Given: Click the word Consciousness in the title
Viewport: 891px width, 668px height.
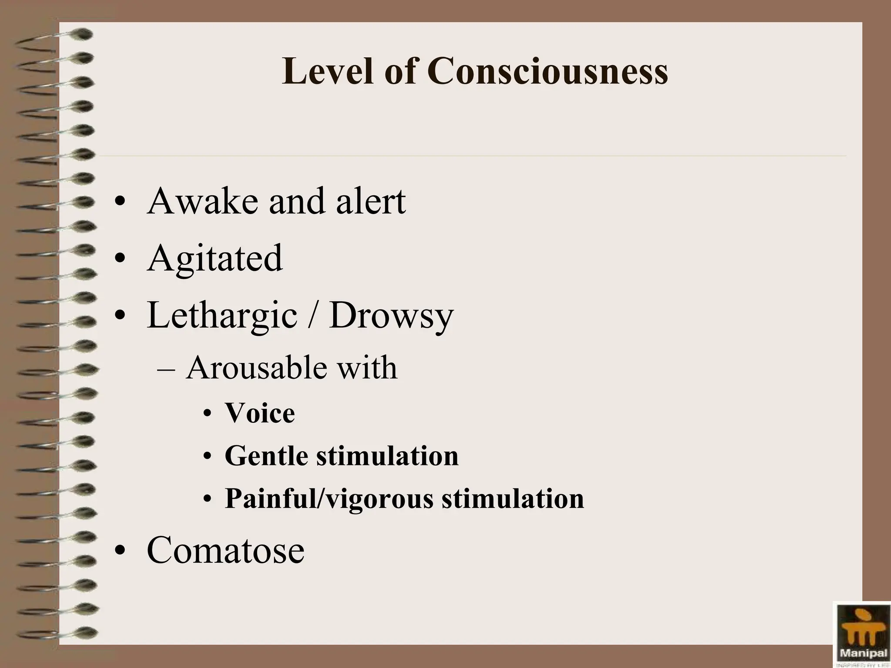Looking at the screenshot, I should coord(547,71).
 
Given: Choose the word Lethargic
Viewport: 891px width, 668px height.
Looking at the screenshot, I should coord(222,316).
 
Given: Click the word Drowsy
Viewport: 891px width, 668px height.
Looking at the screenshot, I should coord(391,316).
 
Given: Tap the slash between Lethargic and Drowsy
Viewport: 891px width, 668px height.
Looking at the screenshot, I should coord(312,315).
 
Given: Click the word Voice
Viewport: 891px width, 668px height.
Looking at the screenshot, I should coord(260,413).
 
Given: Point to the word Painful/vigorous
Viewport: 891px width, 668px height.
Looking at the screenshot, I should coord(329,499).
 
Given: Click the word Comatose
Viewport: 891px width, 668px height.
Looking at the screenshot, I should coord(226,550).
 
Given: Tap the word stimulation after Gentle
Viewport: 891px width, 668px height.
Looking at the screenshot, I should coord(387,457).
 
